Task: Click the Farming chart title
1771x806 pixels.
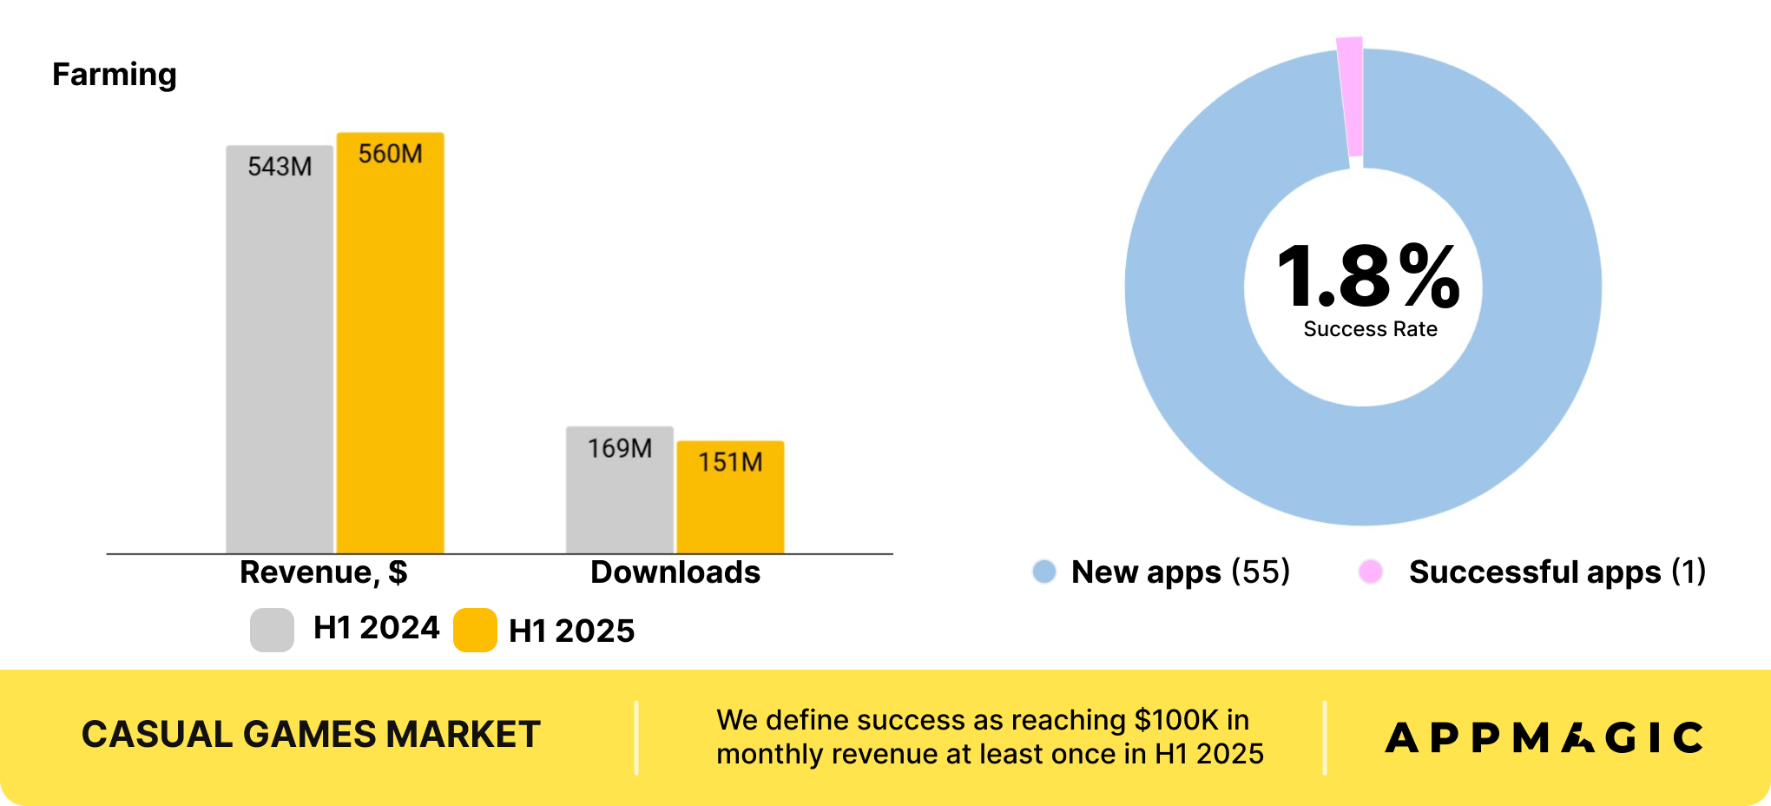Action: point(115,76)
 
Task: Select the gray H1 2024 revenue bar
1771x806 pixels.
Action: point(280,349)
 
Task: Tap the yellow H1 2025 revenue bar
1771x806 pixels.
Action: point(391,343)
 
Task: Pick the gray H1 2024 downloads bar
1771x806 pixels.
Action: point(620,490)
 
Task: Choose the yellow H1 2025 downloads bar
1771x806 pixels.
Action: point(730,497)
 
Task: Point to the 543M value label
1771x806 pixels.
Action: point(280,166)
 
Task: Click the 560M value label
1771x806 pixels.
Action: point(391,154)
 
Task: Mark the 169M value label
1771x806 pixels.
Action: point(620,448)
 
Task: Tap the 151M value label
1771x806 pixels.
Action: point(730,462)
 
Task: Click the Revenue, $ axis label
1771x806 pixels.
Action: point(324,572)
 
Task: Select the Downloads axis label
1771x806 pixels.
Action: point(675,572)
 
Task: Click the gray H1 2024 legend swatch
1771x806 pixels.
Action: point(272,630)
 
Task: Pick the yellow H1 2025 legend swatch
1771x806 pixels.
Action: point(475,630)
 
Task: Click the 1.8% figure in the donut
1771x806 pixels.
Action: point(1368,276)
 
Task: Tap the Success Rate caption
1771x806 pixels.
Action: point(1370,329)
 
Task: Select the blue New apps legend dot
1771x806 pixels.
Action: point(1044,571)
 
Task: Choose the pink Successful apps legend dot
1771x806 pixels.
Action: point(1371,571)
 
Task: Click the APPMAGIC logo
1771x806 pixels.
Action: point(1544,738)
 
